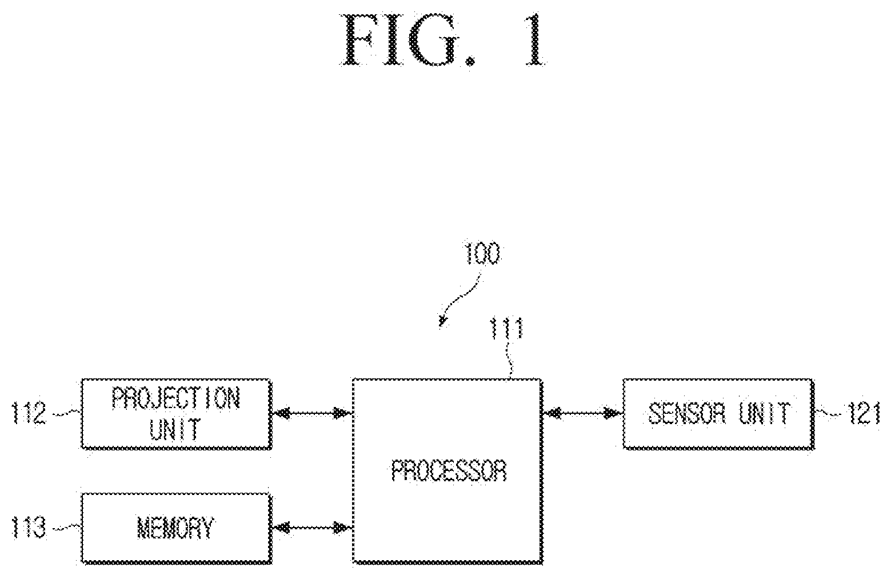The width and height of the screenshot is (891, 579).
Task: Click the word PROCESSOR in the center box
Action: [449, 471]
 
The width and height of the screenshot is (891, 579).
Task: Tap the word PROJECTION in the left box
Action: [176, 398]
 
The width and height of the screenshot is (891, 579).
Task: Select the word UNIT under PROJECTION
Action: [174, 429]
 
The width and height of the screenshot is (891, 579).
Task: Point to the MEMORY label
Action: [175, 528]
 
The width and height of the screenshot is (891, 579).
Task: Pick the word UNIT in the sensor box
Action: [764, 413]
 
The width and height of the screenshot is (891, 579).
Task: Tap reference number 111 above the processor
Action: [507, 329]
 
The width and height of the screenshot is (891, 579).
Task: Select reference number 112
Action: [30, 413]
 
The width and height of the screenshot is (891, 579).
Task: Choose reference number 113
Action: [30, 528]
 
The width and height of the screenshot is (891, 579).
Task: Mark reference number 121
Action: [864, 413]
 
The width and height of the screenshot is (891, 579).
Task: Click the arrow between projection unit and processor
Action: [312, 414]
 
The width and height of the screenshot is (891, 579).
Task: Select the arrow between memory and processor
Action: [312, 528]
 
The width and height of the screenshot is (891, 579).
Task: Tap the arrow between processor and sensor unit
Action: [582, 414]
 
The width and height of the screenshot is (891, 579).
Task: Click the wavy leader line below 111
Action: [510, 360]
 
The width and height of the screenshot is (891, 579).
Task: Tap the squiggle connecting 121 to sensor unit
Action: [829, 414]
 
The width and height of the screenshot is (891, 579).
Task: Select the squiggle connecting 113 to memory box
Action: [66, 528]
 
